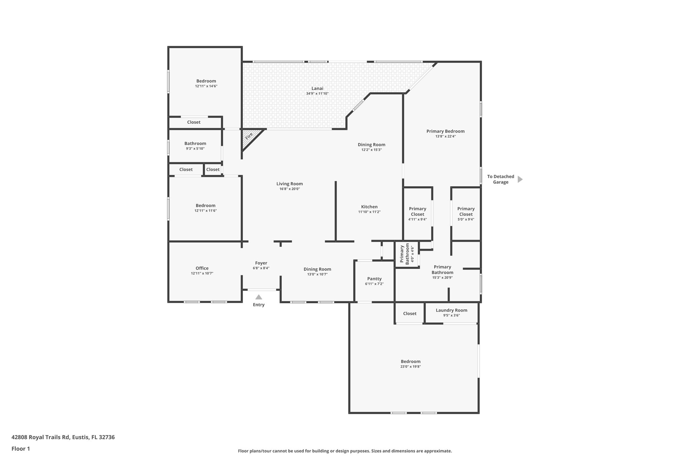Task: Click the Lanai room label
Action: (317, 89)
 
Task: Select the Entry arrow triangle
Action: (258, 297)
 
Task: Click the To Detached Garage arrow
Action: (520, 179)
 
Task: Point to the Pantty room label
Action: (374, 279)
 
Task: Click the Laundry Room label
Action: (451, 310)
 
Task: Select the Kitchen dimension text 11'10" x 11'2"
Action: (369, 212)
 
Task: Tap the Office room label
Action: (202, 268)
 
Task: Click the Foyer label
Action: (261, 263)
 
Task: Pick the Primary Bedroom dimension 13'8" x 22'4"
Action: (445, 136)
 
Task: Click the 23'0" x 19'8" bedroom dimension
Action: (410, 367)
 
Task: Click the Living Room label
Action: (289, 184)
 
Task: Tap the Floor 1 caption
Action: (21, 449)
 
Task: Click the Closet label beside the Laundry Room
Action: (410, 313)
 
